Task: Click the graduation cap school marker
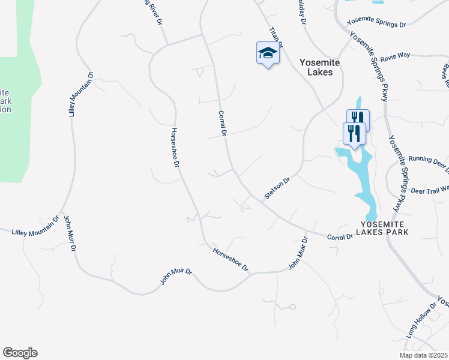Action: coord(268,54)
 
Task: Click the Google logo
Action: coord(20,353)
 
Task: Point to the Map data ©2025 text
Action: coord(423,355)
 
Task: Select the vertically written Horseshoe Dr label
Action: coord(175,147)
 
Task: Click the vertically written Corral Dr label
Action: coord(221,123)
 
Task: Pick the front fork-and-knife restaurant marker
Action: coord(354,133)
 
